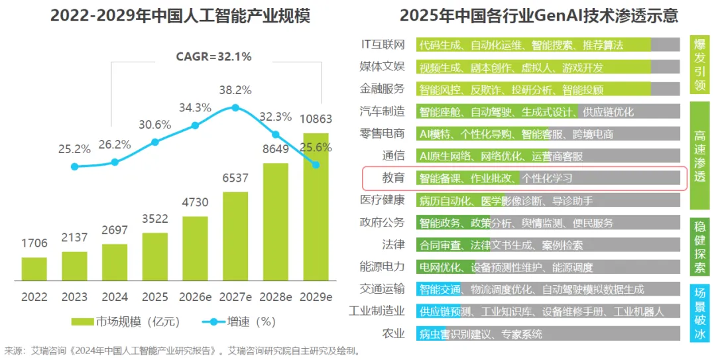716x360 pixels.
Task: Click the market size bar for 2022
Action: (x=34, y=269)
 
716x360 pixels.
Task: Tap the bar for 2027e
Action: (x=235, y=235)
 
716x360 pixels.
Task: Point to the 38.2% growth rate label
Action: (x=235, y=90)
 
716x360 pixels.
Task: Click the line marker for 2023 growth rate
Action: (x=74, y=166)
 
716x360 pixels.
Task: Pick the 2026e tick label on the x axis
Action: (x=195, y=297)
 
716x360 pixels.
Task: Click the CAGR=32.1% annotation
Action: (x=213, y=57)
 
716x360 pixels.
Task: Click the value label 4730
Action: (x=196, y=202)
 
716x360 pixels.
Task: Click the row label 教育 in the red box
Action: (x=393, y=178)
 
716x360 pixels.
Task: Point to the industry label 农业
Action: (x=393, y=333)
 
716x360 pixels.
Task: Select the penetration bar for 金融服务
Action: (x=548, y=90)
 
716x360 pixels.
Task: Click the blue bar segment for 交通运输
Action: (x=439, y=289)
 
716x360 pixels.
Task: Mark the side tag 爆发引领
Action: (x=699, y=64)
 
